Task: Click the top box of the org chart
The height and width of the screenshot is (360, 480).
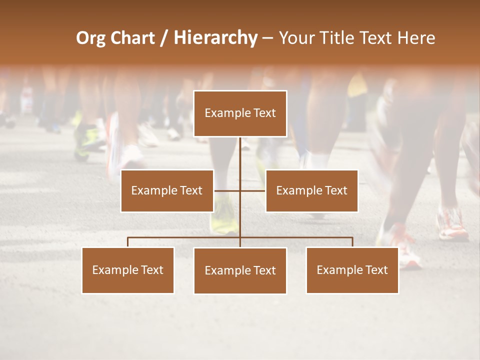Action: tap(240, 113)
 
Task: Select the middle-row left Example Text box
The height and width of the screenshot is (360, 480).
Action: tap(166, 190)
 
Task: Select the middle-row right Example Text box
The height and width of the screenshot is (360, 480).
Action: tap(311, 190)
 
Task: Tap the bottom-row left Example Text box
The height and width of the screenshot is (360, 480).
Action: tap(128, 270)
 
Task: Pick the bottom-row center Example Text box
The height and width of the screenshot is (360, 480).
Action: tap(240, 270)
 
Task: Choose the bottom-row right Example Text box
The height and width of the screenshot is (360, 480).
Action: tap(352, 270)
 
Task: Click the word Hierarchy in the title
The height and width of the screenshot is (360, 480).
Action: tap(215, 38)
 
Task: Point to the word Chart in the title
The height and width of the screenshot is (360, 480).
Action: tap(132, 38)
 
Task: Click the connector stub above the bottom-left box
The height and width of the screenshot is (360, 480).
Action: tap(128, 242)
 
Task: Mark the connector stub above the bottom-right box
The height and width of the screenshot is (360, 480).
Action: tap(352, 242)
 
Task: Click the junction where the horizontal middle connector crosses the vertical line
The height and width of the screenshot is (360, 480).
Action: tap(240, 190)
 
